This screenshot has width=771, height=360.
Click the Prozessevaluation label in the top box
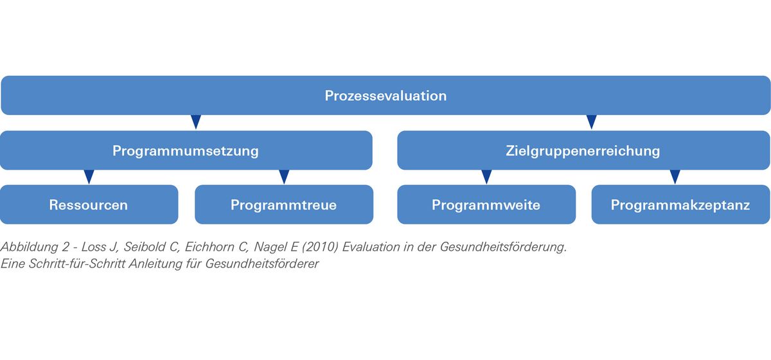(385, 96)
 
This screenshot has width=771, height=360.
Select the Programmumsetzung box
(186, 150)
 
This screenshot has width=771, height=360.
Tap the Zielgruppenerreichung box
(583, 150)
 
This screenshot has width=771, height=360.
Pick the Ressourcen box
(89, 204)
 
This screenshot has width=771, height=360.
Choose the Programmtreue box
(284, 204)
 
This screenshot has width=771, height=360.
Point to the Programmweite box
(486, 204)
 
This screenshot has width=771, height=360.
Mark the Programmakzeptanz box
(680, 204)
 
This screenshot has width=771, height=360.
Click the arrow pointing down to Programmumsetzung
(196, 122)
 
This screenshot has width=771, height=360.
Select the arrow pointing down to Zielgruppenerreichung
(591, 122)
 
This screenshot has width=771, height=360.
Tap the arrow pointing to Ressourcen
(89, 177)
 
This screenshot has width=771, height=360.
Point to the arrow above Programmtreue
(284, 177)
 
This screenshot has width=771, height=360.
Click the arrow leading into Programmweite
(486, 177)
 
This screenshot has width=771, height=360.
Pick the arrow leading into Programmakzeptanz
(675, 177)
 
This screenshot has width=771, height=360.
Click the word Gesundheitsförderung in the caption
(503, 247)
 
